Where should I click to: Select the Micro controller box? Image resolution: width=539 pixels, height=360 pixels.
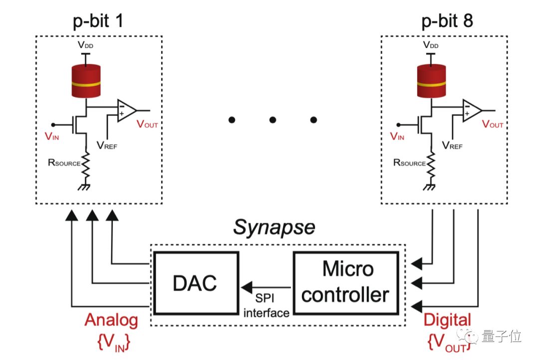tap(345, 282)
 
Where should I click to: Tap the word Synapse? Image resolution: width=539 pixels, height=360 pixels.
tap(274, 228)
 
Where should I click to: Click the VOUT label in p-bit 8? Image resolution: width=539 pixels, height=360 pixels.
tap(493, 125)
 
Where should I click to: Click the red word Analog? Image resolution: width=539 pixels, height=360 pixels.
tap(111, 320)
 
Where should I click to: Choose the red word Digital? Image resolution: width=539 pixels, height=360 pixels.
tap(447, 320)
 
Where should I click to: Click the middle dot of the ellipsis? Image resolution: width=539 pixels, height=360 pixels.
tap(272, 120)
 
